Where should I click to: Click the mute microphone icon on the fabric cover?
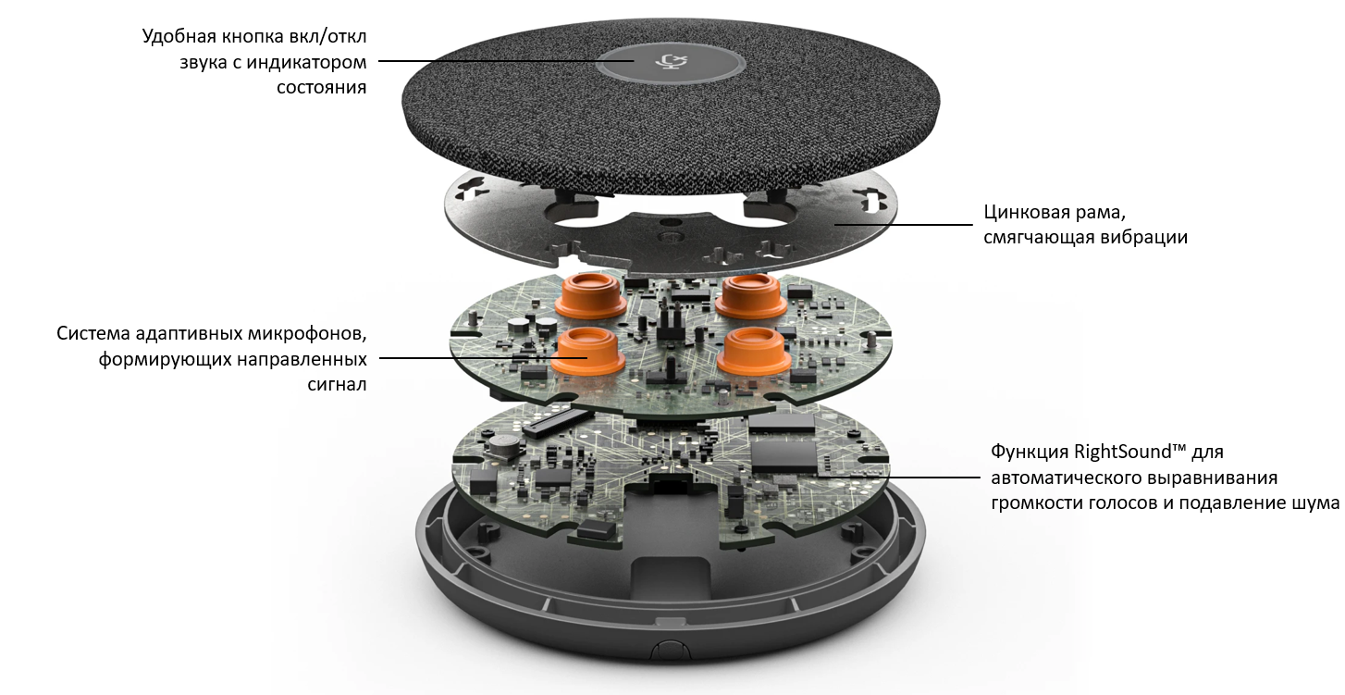[x=672, y=61]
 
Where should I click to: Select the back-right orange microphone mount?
[x=750, y=295]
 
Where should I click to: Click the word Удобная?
[x=179, y=37]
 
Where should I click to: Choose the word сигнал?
[x=337, y=384]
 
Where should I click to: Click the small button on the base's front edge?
[x=670, y=650]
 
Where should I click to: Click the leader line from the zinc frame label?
[x=903, y=225]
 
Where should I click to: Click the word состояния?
[x=321, y=88]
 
